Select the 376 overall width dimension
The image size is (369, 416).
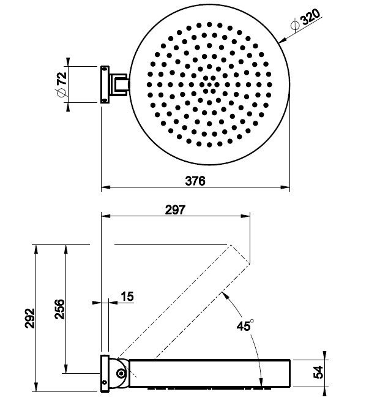[x=195, y=181]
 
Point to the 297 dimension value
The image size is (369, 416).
[x=175, y=210]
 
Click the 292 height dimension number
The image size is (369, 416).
[x=30, y=319]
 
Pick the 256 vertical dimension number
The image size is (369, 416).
[x=59, y=309]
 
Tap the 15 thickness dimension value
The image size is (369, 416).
[x=127, y=297]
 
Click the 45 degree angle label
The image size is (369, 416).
[x=245, y=325]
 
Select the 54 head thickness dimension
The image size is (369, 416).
[x=318, y=372]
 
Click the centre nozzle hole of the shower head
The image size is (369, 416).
[x=209, y=85]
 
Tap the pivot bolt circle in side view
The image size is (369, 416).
[x=121, y=374]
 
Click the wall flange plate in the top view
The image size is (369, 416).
[x=105, y=85]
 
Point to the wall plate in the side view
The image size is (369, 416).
[x=105, y=373]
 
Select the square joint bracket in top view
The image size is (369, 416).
[x=120, y=85]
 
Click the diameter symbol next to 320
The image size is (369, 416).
[x=295, y=26]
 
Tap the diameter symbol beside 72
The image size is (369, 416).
[x=61, y=93]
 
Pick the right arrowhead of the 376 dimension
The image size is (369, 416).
[x=285, y=187]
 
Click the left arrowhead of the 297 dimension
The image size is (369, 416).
[x=106, y=216]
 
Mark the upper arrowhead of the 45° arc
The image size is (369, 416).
[x=225, y=295]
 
